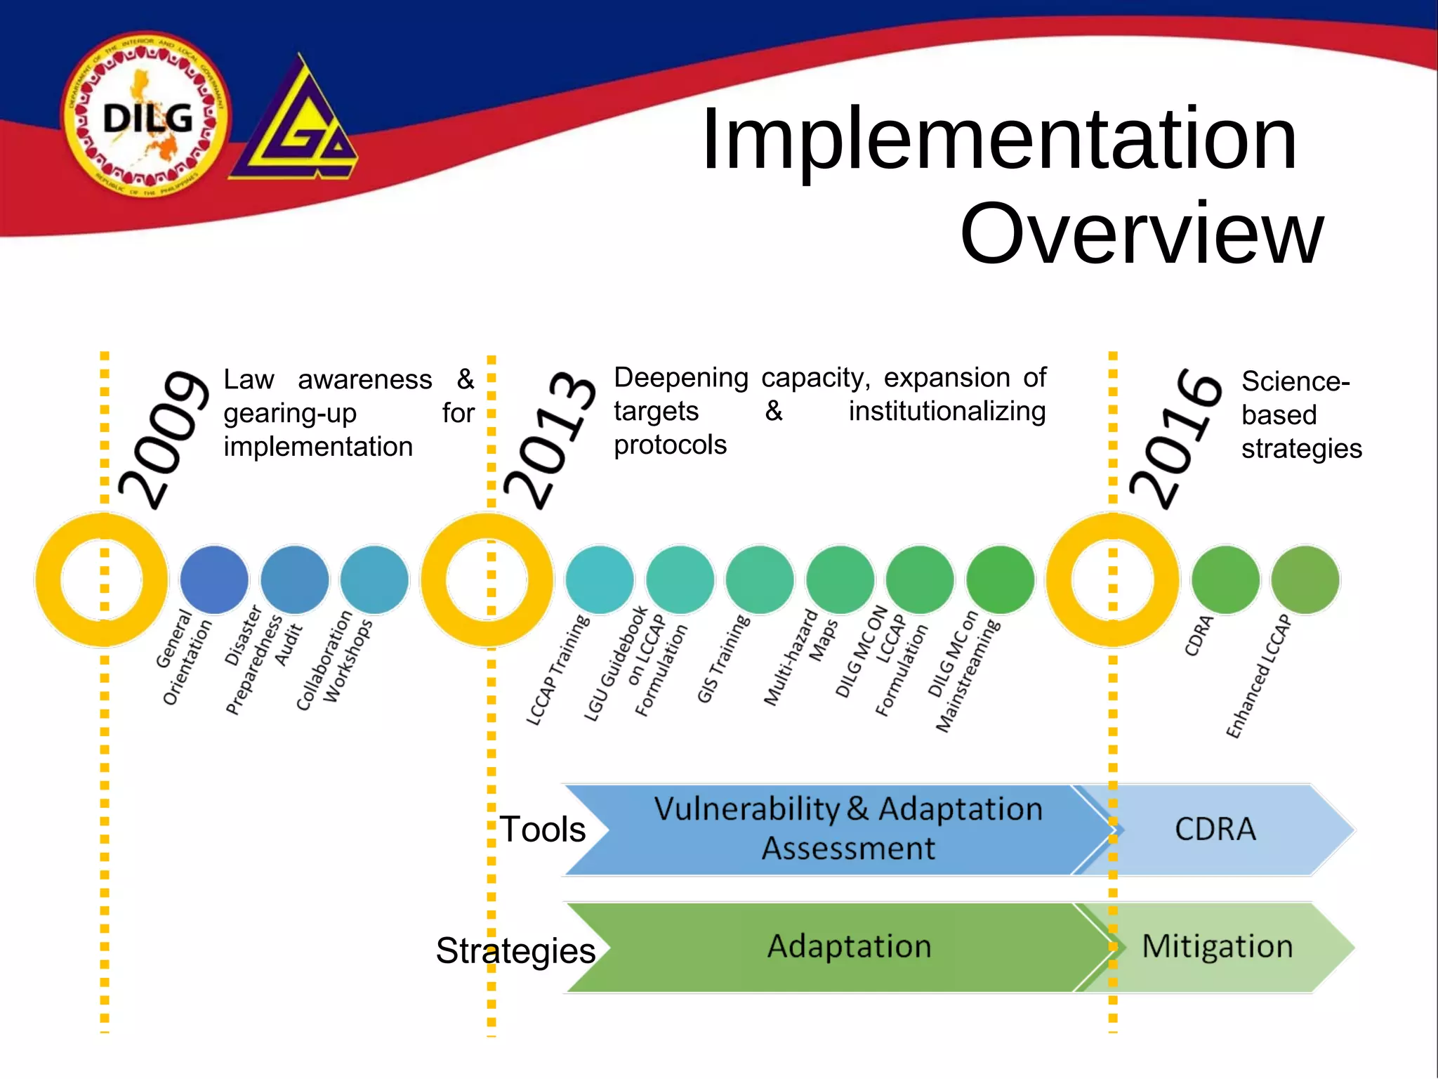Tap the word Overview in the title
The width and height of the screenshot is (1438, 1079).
coord(1141,234)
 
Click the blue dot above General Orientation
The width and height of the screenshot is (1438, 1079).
coord(214,580)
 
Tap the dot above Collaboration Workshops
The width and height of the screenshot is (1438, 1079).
coord(374,580)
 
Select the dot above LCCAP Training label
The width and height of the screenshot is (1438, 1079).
coord(600,580)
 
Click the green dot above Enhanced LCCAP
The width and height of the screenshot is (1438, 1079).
coord(1305,580)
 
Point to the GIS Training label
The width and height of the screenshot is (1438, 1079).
coord(723,659)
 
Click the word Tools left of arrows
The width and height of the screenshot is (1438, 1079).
coord(542,830)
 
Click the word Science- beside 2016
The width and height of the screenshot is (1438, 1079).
coord(1295,381)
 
